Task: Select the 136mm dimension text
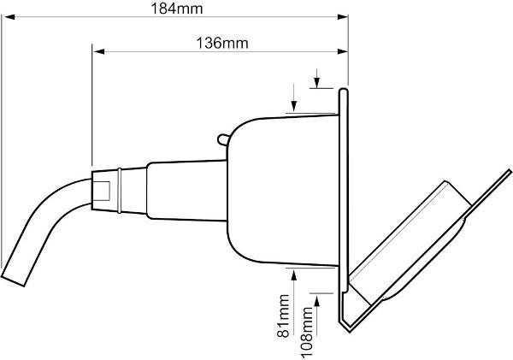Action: click(218, 44)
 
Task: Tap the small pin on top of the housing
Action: click(222, 136)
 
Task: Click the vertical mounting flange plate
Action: click(344, 197)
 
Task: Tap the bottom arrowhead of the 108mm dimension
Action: click(316, 296)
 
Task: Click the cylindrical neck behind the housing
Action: click(184, 189)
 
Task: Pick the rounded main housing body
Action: click(274, 188)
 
